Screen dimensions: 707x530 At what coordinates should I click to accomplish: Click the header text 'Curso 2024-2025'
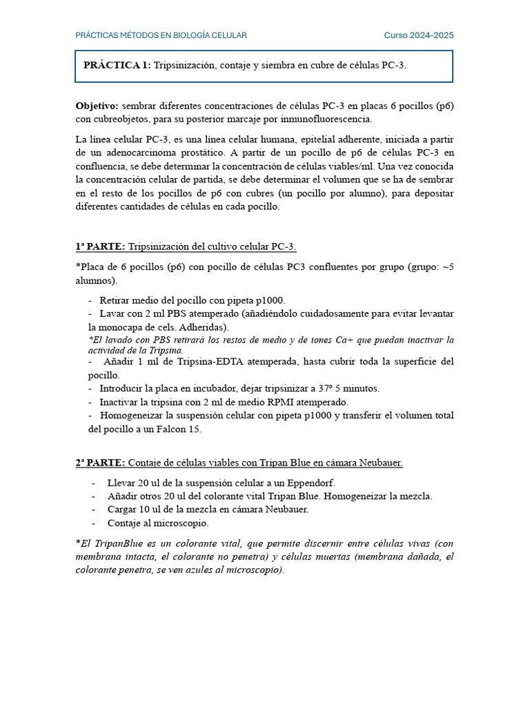click(419, 35)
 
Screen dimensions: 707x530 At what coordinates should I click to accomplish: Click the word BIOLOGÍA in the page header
click(193, 35)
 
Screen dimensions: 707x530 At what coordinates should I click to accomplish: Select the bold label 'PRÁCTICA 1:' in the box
click(117, 66)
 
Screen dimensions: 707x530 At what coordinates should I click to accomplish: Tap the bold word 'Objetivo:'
click(97, 106)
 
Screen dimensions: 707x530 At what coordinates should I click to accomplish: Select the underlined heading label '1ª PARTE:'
click(100, 247)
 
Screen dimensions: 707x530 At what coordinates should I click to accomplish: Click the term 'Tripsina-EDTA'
click(190, 362)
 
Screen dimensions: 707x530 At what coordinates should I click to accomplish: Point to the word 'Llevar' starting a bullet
click(121, 483)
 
